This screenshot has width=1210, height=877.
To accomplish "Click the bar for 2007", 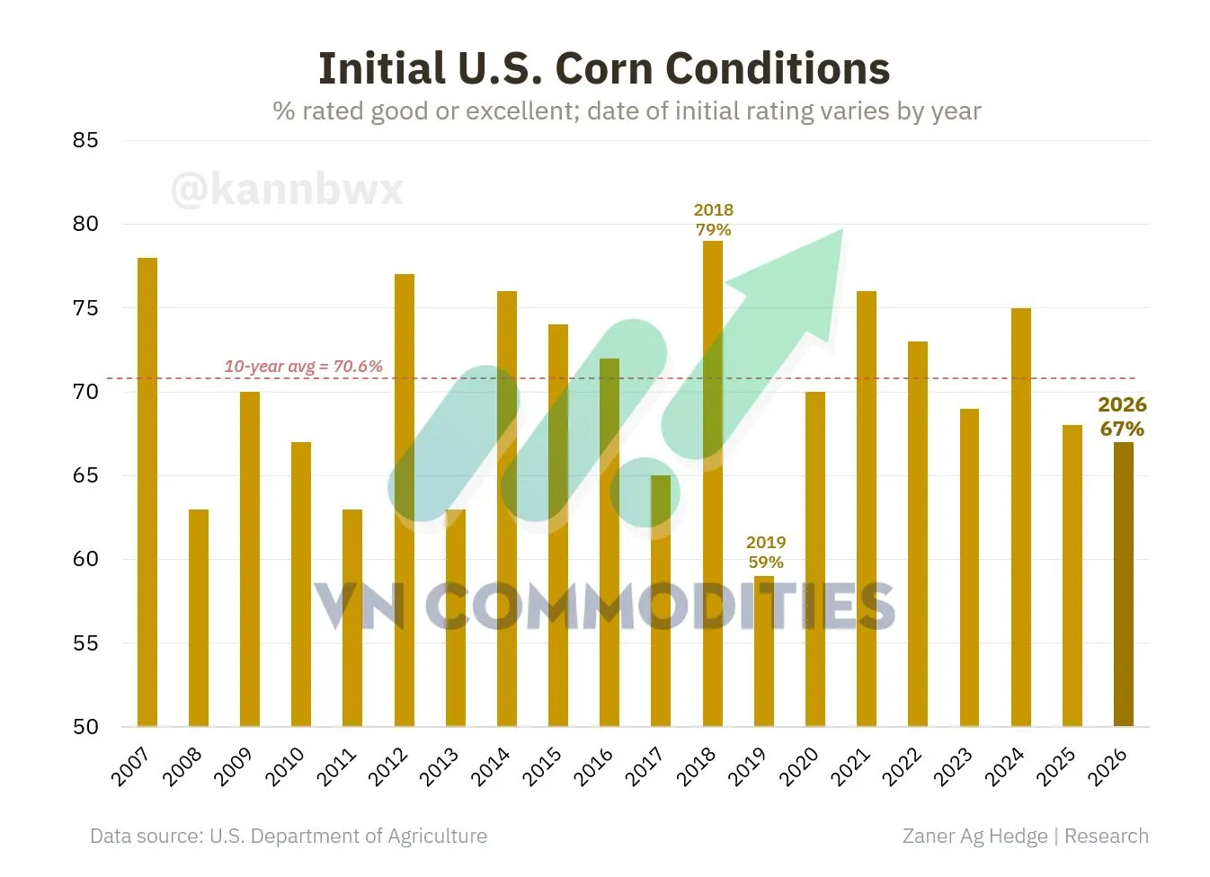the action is click(147, 492).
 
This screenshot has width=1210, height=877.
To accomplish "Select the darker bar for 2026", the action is click(1124, 584).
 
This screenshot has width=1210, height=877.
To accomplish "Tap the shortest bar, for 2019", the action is click(764, 651).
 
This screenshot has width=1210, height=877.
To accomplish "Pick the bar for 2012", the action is click(405, 501).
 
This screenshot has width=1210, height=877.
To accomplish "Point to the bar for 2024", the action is click(1021, 518).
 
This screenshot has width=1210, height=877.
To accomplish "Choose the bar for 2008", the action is click(199, 618).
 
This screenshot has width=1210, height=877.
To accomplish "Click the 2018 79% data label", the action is click(713, 220).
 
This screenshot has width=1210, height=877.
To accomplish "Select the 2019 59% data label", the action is click(765, 552).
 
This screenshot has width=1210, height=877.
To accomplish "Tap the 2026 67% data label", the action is click(1122, 416).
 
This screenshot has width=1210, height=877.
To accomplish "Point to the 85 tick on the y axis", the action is click(85, 140).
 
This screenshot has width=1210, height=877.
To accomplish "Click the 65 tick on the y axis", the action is click(85, 475).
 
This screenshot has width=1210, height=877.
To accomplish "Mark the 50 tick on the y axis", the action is click(85, 727).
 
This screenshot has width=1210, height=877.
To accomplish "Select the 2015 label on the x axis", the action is click(542, 766).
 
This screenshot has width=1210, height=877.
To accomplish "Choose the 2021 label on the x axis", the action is click(850, 766).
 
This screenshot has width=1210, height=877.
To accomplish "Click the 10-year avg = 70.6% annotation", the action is click(303, 367).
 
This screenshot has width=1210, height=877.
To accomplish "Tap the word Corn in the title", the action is click(604, 68).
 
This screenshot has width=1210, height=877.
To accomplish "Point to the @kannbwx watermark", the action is click(287, 189).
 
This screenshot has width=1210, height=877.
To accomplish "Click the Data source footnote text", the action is click(289, 836).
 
